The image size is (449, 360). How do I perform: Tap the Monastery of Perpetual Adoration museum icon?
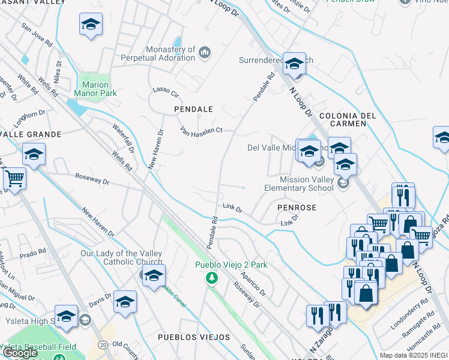pyautogui.click(x=205, y=53)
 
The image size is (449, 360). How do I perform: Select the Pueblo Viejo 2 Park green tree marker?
pyautogui.click(x=211, y=277)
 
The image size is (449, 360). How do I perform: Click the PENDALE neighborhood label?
pyautogui.click(x=193, y=109)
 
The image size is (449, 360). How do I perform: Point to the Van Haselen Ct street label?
pyautogui.click(x=202, y=130)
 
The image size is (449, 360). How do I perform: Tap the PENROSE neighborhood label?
pyautogui.click(x=297, y=206)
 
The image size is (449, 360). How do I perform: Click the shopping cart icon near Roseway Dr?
pyautogui.click(x=14, y=178)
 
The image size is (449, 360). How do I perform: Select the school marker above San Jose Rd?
pyautogui.click(x=91, y=24)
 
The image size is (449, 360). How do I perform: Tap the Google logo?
pyautogui.click(x=20, y=353)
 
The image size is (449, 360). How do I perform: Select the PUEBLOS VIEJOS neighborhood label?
pyautogui.click(x=193, y=338)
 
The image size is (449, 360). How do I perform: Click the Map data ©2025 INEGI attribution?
pyautogui.click(x=413, y=355)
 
